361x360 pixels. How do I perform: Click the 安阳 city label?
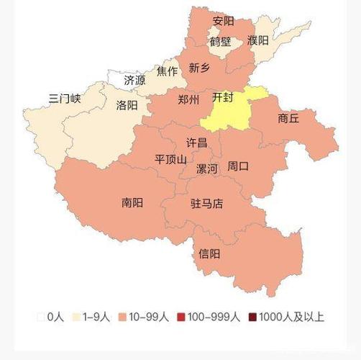(x=224, y=21)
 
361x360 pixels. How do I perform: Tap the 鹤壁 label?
(x=221, y=42)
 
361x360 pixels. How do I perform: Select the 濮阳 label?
(x=257, y=40)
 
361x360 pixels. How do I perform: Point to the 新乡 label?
(x=200, y=68)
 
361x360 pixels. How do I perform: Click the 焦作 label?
(x=167, y=71)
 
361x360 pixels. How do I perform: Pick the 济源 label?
(x=134, y=80)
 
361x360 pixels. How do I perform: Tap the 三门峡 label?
(x=64, y=98)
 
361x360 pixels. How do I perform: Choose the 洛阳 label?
(x=127, y=105)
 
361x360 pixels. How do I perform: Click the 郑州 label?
(x=188, y=99)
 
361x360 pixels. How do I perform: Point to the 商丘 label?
(x=288, y=118)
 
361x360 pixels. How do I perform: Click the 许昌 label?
(x=196, y=143)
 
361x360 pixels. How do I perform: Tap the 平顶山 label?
(x=170, y=159)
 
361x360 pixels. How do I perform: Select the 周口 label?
(x=238, y=166)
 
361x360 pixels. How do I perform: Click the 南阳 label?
(x=132, y=202)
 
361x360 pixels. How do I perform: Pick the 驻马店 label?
(x=206, y=204)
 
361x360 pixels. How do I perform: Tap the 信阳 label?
(x=209, y=253)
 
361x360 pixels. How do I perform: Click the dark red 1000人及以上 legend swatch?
(x=252, y=317)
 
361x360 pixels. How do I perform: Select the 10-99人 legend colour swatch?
(x=124, y=317)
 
